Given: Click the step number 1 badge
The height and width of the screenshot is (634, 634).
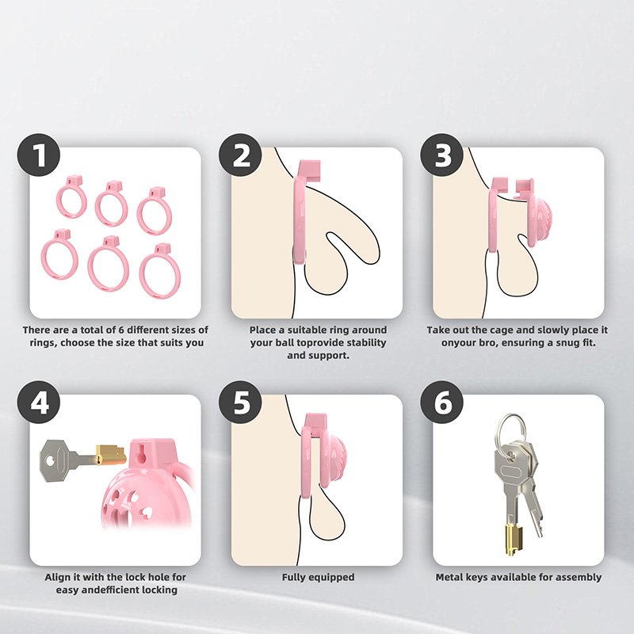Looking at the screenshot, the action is point(38,155).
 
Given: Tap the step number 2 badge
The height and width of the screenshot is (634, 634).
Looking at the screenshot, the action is point(240,155).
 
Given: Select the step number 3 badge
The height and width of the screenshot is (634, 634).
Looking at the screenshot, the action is point(442,155).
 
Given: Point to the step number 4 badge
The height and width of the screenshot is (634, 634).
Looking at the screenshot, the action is point(38,402).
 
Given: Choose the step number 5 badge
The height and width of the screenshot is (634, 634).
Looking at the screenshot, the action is point(240,402).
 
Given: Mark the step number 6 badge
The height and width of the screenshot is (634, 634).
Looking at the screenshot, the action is point(442,402).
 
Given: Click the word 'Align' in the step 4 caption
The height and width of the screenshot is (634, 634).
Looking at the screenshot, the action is point(57,577).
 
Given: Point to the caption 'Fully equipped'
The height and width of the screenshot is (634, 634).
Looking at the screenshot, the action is point(318,578).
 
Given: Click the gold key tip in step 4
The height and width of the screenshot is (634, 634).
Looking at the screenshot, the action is point(110,455).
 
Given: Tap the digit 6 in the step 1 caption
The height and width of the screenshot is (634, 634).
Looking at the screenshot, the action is point(121,330).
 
